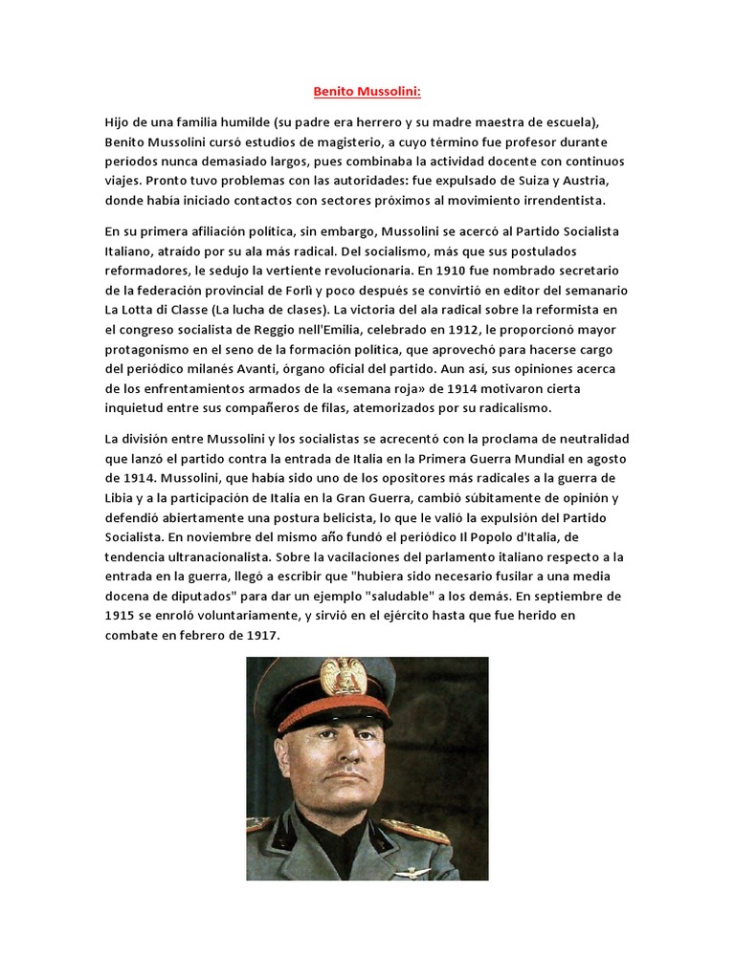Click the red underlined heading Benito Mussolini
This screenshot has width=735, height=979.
(x=367, y=93)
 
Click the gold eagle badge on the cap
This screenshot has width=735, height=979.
(x=343, y=679)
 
